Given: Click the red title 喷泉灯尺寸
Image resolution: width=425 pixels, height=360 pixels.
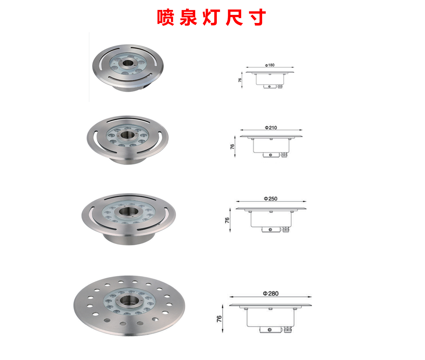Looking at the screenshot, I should [211, 17].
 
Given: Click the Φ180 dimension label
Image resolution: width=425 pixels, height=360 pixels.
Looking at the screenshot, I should [270, 65].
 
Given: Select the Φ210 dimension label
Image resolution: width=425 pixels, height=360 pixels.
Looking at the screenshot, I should [271, 127].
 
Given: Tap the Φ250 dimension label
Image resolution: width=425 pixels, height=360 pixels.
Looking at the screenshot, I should [271, 199].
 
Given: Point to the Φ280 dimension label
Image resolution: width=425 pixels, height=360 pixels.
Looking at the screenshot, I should [271, 293].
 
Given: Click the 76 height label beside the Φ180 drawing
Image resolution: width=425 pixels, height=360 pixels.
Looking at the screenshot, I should [240, 80].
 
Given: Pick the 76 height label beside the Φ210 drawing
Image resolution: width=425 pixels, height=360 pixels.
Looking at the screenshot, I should [232, 146].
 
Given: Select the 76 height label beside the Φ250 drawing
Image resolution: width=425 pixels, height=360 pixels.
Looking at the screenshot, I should [227, 220].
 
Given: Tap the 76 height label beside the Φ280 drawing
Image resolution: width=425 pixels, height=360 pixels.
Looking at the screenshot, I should [219, 319].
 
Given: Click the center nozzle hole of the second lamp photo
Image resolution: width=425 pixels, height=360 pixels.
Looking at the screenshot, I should [126, 135].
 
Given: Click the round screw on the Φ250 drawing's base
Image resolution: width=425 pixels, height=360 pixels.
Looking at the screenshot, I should [270, 230].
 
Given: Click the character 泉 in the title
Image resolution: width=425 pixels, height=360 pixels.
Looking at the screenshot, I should [188, 17].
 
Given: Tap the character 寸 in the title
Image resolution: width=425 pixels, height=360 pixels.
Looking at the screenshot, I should [257, 17].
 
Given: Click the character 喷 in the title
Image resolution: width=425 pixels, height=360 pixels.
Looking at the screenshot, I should [165, 17].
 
